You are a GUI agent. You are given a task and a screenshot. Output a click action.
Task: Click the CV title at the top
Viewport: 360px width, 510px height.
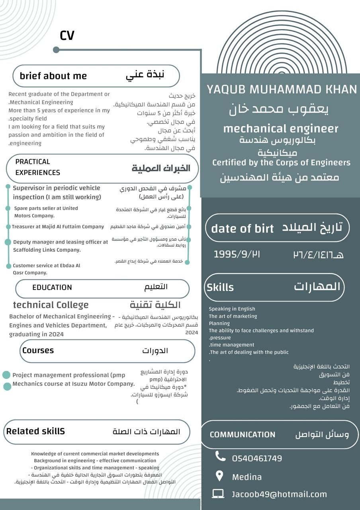click(x=67, y=35)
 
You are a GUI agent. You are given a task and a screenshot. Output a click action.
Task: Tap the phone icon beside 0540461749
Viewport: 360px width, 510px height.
click(x=220, y=456)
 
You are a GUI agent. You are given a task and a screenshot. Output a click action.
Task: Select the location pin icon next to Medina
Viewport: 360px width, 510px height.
click(x=219, y=476)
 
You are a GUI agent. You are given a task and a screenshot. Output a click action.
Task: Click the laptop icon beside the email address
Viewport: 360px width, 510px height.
click(x=218, y=494)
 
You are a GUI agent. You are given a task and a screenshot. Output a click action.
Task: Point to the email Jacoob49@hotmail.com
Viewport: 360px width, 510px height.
click(x=279, y=494)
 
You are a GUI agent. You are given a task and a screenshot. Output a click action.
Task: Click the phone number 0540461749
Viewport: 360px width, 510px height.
click(x=257, y=458)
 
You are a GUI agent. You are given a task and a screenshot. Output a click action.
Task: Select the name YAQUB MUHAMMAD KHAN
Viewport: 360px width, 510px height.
click(x=282, y=89)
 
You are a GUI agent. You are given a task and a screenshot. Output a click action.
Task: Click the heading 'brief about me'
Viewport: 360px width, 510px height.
click(x=53, y=76)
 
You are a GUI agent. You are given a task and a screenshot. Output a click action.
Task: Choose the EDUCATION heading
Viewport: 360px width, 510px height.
click(x=52, y=287)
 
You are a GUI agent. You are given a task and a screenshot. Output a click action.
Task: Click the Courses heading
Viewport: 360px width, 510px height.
click(x=38, y=350)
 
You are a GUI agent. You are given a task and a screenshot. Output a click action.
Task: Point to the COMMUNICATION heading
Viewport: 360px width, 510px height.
click(x=242, y=434)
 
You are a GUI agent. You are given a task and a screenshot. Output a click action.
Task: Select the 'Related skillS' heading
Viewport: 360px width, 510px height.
click(x=35, y=431)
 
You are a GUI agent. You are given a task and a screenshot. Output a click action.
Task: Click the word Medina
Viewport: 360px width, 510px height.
click(x=247, y=477)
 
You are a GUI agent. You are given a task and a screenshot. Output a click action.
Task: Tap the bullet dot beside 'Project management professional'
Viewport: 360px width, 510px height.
click(x=6, y=375)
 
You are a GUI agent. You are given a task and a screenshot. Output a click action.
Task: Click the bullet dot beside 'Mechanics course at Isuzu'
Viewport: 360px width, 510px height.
click(x=7, y=386)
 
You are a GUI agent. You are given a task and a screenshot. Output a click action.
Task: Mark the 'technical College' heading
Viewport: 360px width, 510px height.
click(x=51, y=305)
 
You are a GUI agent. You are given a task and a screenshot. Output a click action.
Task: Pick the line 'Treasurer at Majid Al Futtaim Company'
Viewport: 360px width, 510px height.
click(x=58, y=227)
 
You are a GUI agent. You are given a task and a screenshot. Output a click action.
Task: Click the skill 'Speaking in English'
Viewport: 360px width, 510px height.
click(x=232, y=309)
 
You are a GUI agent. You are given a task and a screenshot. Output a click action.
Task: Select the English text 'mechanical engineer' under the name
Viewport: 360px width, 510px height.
click(x=280, y=129)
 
